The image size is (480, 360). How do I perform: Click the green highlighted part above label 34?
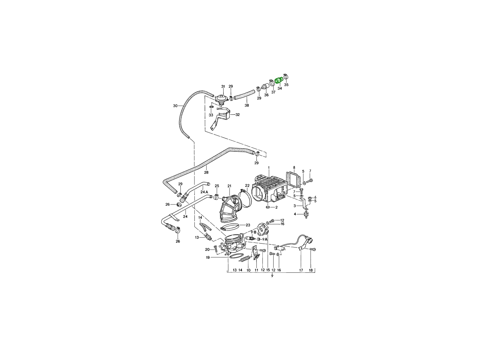tap(279, 80)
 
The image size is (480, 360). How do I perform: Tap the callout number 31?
tap(223, 86)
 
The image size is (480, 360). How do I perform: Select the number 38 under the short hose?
tap(247, 105)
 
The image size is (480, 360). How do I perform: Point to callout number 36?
tap(266, 95)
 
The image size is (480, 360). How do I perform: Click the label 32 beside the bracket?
tap(238, 114)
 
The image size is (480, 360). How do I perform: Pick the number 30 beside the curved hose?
tap(175, 106)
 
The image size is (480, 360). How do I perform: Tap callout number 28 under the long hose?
tap(206, 172)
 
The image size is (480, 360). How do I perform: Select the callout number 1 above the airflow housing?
tap(269, 168)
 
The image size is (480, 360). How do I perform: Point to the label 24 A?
tap(204, 192)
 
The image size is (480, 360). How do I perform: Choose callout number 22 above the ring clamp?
tap(247, 186)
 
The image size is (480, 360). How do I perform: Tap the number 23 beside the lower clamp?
tap(248, 225)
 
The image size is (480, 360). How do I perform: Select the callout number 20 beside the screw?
tap(207, 250)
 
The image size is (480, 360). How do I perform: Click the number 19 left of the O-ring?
tap(208, 258)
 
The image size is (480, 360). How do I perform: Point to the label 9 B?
tap(254, 232)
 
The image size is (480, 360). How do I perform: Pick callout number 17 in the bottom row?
tap(301, 270)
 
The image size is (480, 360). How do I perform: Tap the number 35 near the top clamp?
tap(286, 84)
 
